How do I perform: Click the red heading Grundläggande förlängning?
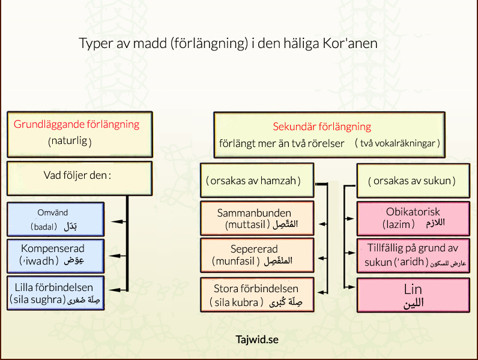pyautogui.click(x=76, y=125)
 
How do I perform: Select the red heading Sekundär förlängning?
pyautogui.click(x=322, y=127)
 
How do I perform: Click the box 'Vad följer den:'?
pyautogui.click(x=78, y=178)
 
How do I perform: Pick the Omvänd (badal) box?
pyautogui.click(x=56, y=220)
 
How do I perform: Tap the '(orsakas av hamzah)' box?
pyautogui.click(x=256, y=180)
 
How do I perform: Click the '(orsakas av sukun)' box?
pyautogui.click(x=411, y=180)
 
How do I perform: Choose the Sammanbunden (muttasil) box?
pyautogui.click(x=256, y=218)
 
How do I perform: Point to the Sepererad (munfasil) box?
pyautogui.click(x=256, y=255)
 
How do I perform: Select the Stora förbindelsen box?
pyautogui.click(x=256, y=295)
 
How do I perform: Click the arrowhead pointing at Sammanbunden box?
pyautogui.click(x=321, y=223)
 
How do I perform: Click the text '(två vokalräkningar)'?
pyautogui.click(x=398, y=143)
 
